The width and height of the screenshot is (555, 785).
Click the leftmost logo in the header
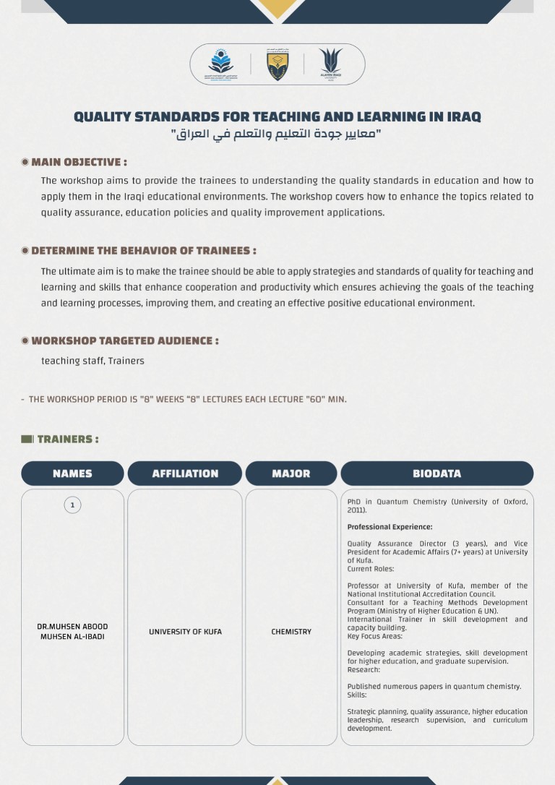point(221,64)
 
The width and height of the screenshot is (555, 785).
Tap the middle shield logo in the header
point(277,65)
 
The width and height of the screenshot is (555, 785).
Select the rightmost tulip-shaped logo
point(331,64)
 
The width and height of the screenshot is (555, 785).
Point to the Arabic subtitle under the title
point(277,134)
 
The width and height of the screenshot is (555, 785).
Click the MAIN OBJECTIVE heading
point(79,162)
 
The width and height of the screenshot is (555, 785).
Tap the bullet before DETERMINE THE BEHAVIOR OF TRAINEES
point(25,251)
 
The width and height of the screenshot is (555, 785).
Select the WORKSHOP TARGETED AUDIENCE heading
point(124,340)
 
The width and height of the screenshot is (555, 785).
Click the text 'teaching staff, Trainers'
point(92,361)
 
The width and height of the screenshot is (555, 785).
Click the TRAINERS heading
point(67,439)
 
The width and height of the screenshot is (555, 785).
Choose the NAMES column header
point(72,473)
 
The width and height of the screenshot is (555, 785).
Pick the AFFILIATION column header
point(185,473)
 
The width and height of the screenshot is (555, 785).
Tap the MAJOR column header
point(291,473)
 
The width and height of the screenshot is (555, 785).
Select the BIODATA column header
point(436,473)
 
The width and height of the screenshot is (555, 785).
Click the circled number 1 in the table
point(72,505)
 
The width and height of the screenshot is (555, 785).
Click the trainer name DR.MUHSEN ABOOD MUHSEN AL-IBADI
point(72,632)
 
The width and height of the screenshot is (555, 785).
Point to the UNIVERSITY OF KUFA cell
point(185,632)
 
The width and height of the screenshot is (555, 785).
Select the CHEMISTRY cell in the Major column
point(291,632)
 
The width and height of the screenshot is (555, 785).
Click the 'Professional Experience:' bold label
point(390,527)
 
